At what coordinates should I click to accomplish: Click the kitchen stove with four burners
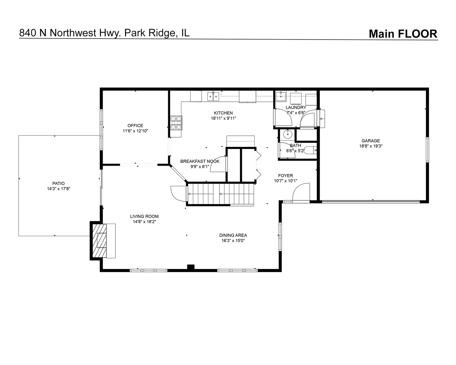coord(176,123)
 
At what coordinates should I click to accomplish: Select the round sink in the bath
coord(287,135)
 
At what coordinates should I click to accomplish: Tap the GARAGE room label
coord(371,141)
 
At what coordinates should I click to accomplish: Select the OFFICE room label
coord(135,126)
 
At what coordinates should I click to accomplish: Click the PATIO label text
coord(58,184)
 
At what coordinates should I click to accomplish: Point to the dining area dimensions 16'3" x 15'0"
coord(233,241)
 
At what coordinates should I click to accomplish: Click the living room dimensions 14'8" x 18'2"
coord(144,222)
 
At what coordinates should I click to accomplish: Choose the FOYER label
coord(285,176)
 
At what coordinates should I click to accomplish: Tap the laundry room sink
coord(280,96)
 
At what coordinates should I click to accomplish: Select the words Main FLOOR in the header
coord(403,34)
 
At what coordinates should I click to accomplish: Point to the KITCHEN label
coord(223,113)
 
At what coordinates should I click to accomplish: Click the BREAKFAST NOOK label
coord(200,161)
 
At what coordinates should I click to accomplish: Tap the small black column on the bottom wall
coord(191,267)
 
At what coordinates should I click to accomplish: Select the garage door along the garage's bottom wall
coord(371,202)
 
